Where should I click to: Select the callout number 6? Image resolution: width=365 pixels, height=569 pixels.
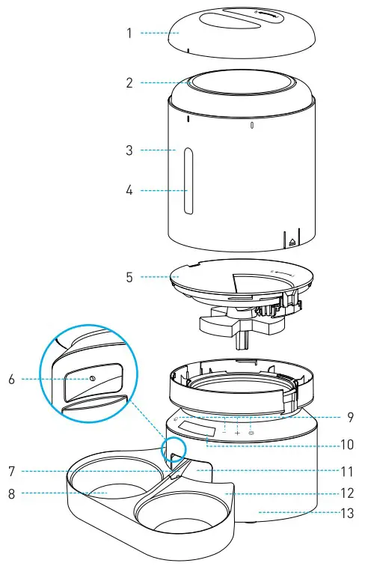(11, 380)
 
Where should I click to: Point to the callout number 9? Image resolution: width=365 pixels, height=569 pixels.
(350, 417)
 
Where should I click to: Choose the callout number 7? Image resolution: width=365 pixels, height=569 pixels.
(11, 472)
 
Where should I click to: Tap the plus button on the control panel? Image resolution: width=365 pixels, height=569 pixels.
(238, 433)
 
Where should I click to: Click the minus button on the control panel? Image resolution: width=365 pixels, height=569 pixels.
(224, 432)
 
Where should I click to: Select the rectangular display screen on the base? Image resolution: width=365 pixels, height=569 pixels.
(199, 431)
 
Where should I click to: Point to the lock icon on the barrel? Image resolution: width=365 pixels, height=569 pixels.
(292, 241)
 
